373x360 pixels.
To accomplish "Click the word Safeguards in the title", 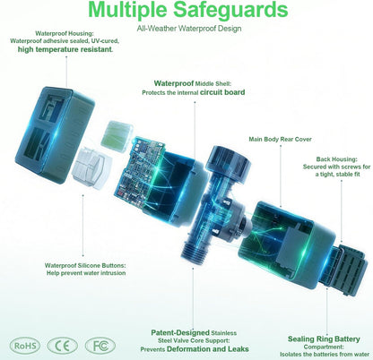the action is tap(230, 10).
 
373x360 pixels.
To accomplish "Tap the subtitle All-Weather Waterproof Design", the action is tap(189, 29).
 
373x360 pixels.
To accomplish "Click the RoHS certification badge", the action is tap(25, 346).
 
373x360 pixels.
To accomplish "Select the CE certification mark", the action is tap(63, 346).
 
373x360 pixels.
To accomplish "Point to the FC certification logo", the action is tap(100, 346).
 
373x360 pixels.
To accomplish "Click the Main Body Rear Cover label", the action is tap(280, 139).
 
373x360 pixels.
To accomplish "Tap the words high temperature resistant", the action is tap(65, 49).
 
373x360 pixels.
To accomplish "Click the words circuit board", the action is tap(222, 92).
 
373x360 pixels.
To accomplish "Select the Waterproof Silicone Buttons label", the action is tap(85, 265).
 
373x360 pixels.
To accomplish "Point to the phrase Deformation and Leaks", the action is tap(208, 349).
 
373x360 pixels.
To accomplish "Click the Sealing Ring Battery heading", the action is tap(324, 339).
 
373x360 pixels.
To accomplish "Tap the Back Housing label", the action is tap(336, 159).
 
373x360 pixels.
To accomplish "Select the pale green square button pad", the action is tap(117, 136).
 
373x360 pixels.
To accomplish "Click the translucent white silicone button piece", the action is tap(92, 167).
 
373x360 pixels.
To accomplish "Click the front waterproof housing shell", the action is tap(54, 135).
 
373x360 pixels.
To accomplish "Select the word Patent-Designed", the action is tap(180, 332).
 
